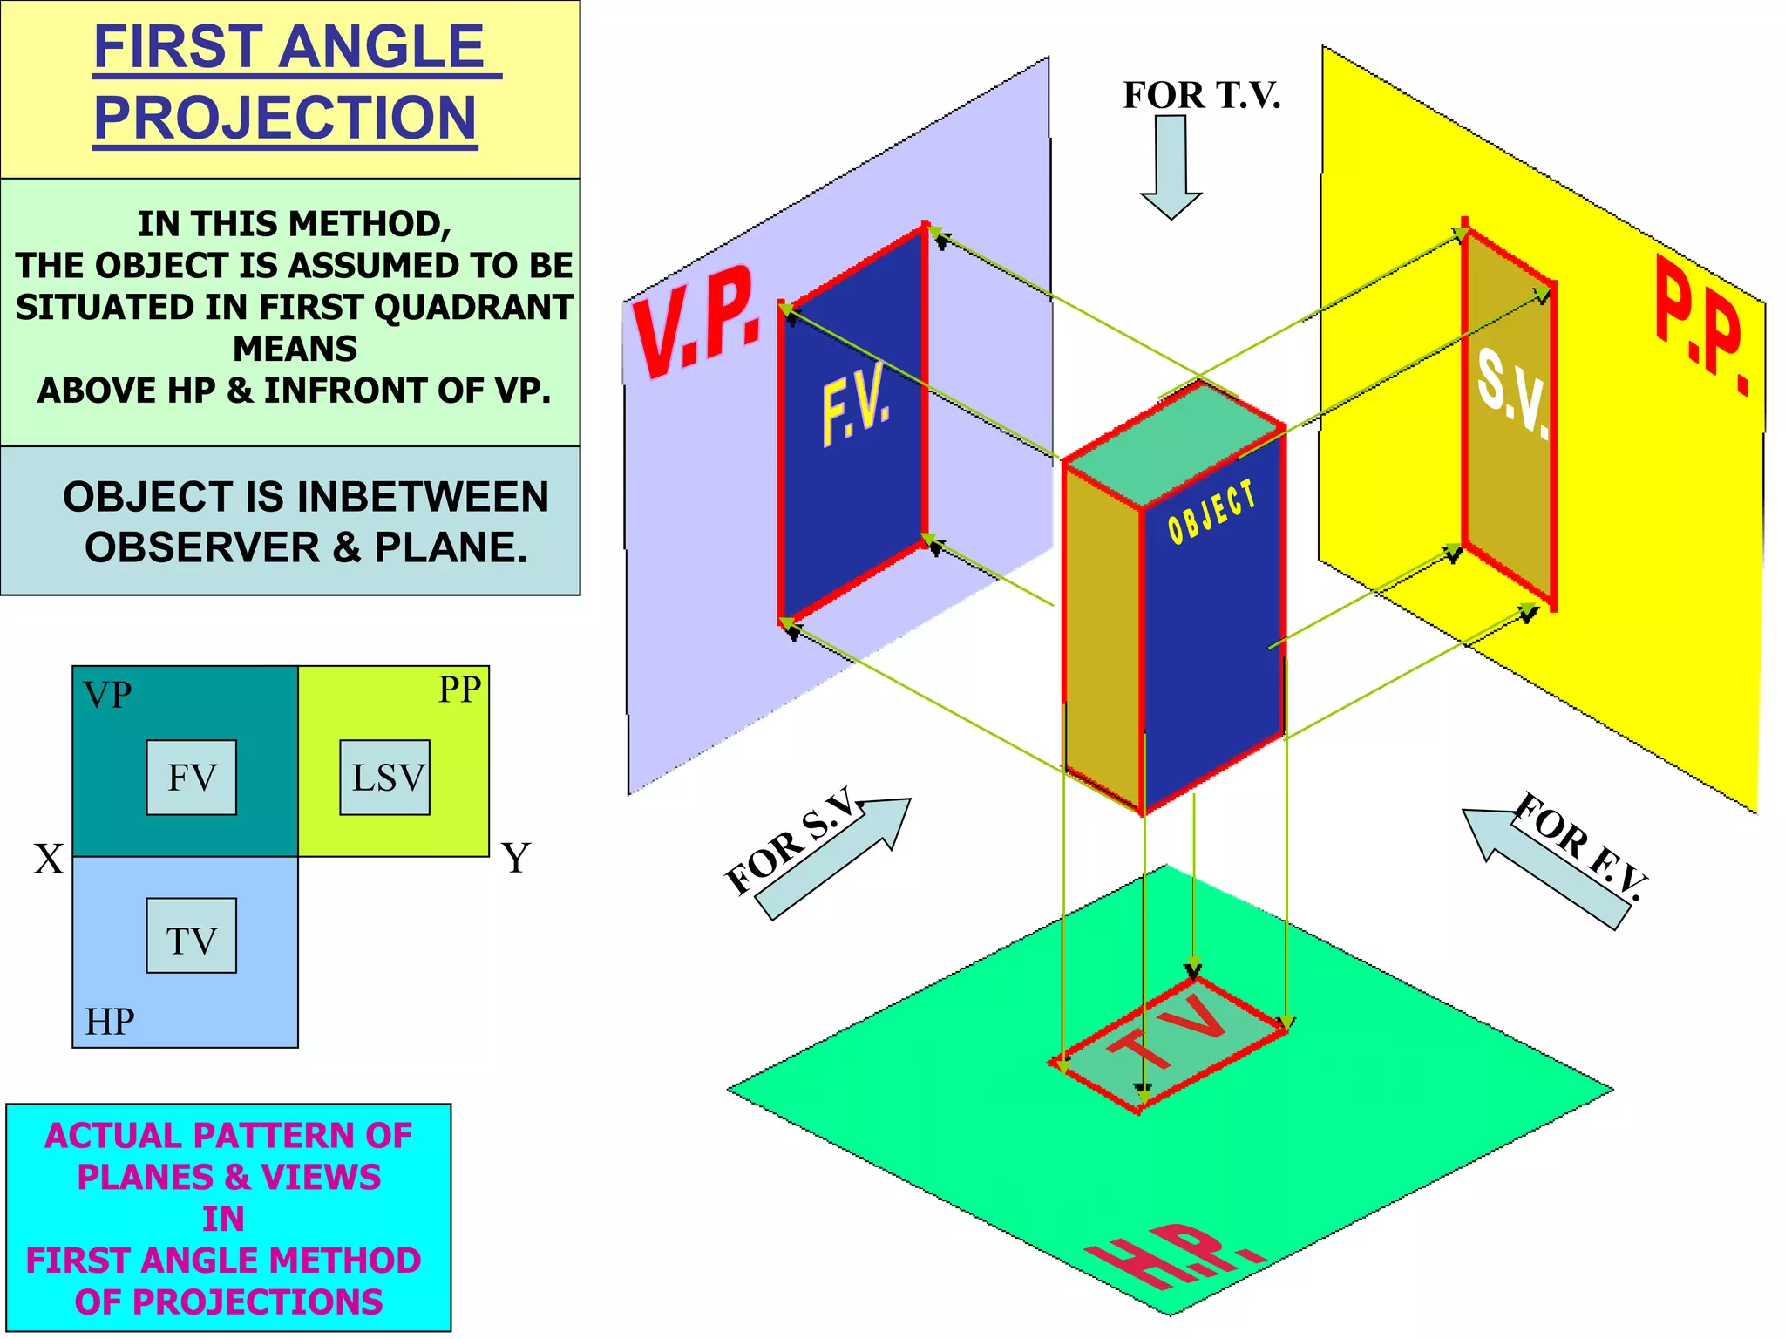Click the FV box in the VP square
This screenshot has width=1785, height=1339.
point(191,777)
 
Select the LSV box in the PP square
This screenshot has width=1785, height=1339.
point(384,777)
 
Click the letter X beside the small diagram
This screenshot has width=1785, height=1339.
point(49,860)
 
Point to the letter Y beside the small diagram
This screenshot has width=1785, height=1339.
point(515,859)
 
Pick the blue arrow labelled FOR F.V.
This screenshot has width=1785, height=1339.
point(1543,867)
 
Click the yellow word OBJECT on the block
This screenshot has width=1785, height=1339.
point(1211,513)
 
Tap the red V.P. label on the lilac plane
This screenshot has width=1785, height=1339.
point(697,323)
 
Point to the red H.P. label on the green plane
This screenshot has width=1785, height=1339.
point(1172,1255)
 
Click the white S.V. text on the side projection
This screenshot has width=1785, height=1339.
point(1512,392)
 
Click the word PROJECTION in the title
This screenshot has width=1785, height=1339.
point(285,119)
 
